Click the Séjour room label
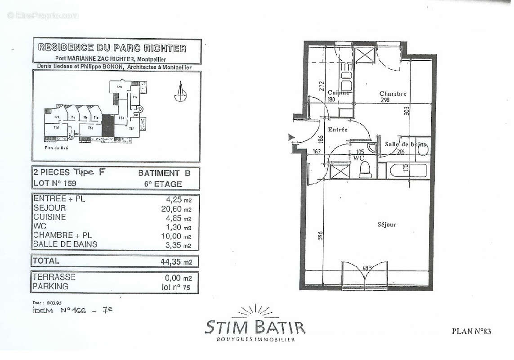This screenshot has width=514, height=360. click(x=387, y=224)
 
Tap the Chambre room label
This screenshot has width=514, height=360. click(x=393, y=94)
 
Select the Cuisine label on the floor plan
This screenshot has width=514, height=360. click(x=339, y=93)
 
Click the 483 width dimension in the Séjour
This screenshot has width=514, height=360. click(x=367, y=269)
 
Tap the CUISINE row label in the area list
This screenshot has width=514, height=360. click(x=49, y=217)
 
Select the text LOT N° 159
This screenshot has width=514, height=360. click(x=55, y=184)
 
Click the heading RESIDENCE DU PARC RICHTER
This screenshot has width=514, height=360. click(x=112, y=47)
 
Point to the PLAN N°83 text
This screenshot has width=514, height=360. click(x=471, y=331)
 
